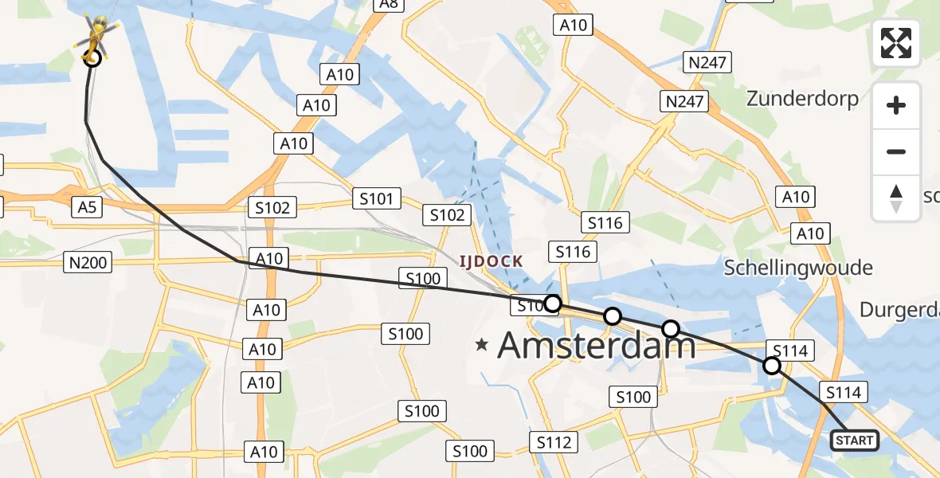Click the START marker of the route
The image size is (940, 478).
click(x=855, y=440)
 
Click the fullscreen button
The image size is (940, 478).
click(x=896, y=42)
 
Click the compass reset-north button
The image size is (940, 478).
click(x=896, y=198)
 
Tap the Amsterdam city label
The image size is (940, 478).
click(x=596, y=346)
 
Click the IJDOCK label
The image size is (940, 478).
click(x=491, y=261)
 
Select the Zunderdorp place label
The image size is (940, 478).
click(x=802, y=99)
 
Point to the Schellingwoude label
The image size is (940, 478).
click(x=798, y=268)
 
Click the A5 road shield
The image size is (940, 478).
click(x=87, y=207)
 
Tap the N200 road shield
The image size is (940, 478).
click(x=88, y=261)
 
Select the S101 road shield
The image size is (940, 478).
click(x=376, y=198)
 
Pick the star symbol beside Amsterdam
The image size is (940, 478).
click(x=481, y=345)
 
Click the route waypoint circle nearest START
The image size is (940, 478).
click(x=771, y=366)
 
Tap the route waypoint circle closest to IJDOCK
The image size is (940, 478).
click(x=552, y=304)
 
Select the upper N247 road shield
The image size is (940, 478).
click(x=708, y=62)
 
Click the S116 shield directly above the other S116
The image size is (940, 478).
click(x=605, y=222)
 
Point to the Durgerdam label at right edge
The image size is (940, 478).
click(x=900, y=310)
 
